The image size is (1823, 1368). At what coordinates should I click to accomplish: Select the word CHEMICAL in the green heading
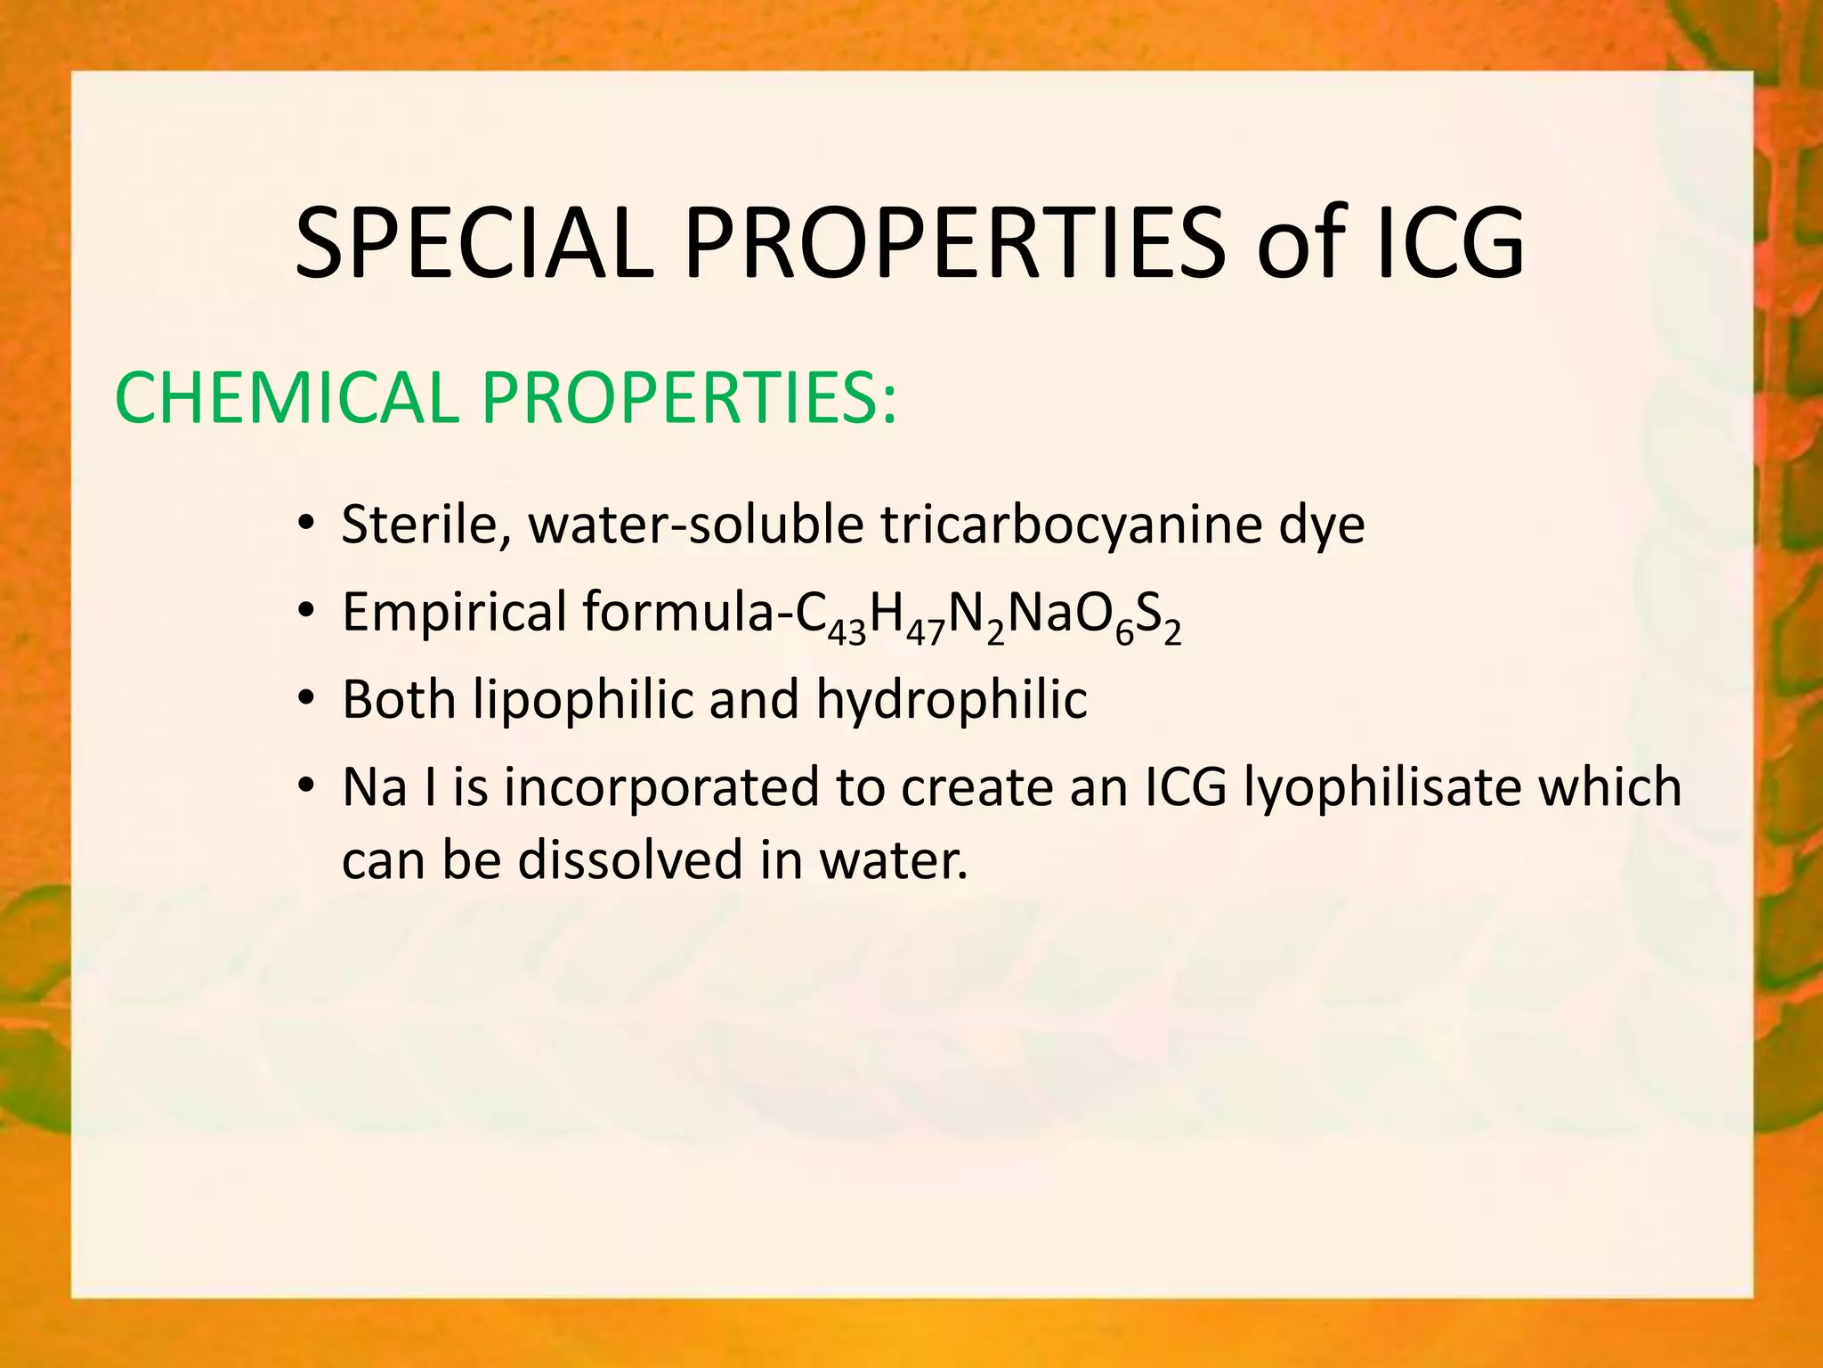285,397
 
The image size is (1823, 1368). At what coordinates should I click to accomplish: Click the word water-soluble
695,525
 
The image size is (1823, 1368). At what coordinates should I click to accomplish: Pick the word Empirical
454,612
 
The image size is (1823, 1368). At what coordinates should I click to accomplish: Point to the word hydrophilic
952,699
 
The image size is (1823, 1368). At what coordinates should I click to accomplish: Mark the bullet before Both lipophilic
306,699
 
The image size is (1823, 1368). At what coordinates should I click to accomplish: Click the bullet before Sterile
306,525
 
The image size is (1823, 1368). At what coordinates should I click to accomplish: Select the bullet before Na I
306,787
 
